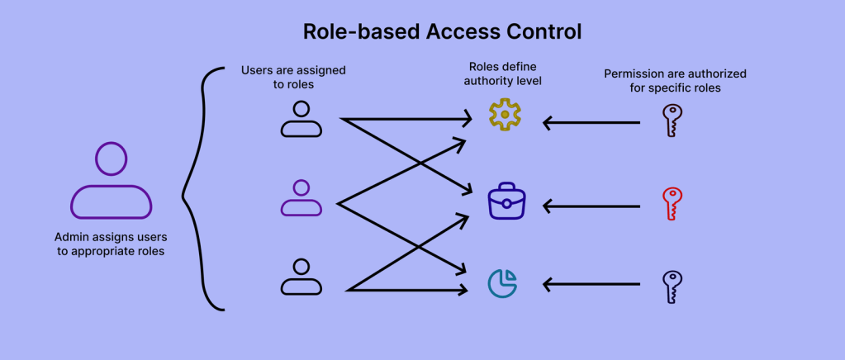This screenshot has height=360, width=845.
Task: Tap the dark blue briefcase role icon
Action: pos(506,201)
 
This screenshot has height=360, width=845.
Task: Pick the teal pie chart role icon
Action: pos(502,282)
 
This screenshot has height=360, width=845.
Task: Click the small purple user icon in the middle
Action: pos(301,198)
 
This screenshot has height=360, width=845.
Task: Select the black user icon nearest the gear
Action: pos(301,119)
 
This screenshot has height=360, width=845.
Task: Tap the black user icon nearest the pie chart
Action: pos(301,277)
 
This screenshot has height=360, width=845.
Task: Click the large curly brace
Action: pos(201,189)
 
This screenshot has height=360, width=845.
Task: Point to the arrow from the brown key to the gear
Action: pos(591,123)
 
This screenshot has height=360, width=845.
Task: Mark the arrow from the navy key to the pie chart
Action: pos(591,286)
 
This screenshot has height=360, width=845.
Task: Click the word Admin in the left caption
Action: pos(71,236)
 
